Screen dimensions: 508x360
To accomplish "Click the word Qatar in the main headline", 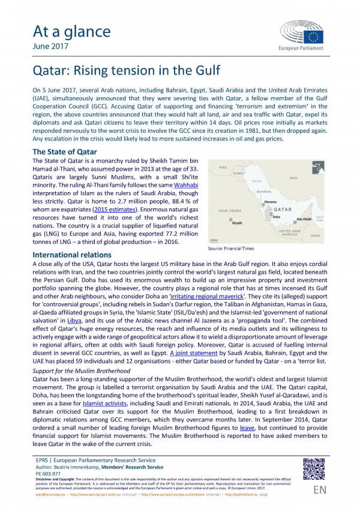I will coord(49,72).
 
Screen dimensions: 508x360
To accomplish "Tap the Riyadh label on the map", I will coord(236,222).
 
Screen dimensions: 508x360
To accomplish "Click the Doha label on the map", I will coord(277,216).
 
